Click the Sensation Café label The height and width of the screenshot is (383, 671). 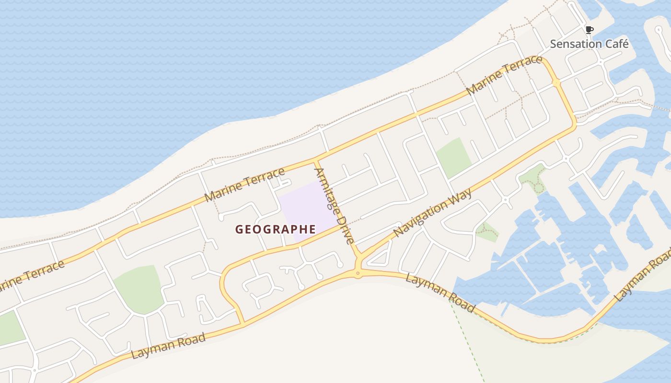point(589,44)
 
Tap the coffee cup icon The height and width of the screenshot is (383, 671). point(589,30)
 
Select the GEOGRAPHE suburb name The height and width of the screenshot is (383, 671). point(276,230)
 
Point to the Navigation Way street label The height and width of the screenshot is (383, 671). point(433,213)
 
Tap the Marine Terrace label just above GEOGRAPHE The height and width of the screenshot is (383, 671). point(244,184)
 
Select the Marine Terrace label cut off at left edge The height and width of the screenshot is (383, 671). point(31,277)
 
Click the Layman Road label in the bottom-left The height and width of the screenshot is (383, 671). point(168,346)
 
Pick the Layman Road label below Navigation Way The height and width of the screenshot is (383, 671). point(440,293)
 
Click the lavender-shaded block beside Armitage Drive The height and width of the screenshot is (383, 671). point(307,211)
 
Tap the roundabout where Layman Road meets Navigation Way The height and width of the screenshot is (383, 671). point(358,273)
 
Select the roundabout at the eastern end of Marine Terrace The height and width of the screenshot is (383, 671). point(556,83)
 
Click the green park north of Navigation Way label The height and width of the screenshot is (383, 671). point(453,157)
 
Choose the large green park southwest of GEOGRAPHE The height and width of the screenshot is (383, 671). point(139,289)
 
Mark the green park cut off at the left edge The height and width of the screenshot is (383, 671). point(10,328)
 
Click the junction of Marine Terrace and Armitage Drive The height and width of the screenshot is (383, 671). point(316,158)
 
